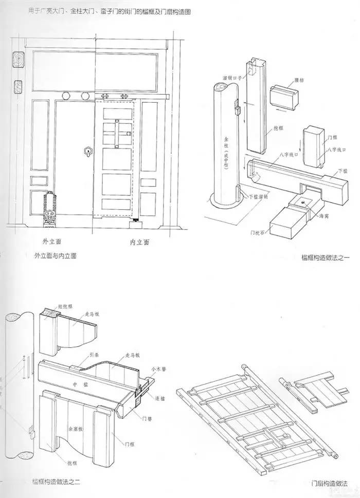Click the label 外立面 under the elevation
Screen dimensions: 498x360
pos(53,239)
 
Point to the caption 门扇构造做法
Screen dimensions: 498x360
pos(329,483)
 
